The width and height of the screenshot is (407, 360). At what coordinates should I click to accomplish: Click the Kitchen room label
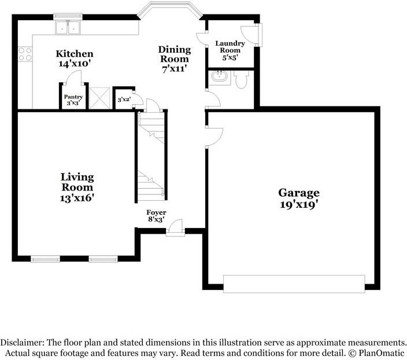pyautogui.click(x=75, y=54)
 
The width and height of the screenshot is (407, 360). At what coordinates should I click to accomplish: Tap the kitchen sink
pyautogui.click(x=68, y=27)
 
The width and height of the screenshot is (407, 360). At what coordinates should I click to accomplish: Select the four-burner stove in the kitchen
pyautogui.click(x=25, y=54)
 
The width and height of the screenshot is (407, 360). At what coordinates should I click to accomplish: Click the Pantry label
pyautogui.click(x=73, y=97)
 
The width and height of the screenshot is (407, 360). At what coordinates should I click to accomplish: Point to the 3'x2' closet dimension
pyautogui.click(x=124, y=100)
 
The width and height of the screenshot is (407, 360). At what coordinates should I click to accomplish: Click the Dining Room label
pyautogui.click(x=175, y=54)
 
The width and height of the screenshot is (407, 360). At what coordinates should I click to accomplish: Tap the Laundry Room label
pyautogui.click(x=230, y=47)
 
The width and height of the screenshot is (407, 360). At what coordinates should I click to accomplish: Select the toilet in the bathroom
pyautogui.click(x=241, y=79)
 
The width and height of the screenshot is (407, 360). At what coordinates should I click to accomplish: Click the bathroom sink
pyautogui.click(x=219, y=76)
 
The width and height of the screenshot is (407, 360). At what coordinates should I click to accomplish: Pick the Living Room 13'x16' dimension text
pyautogui.click(x=77, y=198)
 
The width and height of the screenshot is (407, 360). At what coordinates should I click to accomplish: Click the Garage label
pyautogui.click(x=299, y=193)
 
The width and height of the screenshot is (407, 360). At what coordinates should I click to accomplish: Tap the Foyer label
pyautogui.click(x=156, y=212)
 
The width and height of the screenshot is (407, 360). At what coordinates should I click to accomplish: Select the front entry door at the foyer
pyautogui.click(x=175, y=228)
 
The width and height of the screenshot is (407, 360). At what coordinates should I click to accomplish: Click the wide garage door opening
pyautogui.click(x=294, y=284)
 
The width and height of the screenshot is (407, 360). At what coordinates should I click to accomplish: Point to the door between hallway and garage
pyautogui.click(x=214, y=137)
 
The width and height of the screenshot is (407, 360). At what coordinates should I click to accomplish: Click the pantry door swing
pyautogui.click(x=73, y=78)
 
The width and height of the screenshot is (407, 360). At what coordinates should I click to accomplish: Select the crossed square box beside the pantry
pyautogui.click(x=99, y=98)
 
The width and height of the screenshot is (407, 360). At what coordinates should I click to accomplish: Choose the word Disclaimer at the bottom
pyautogui.click(x=23, y=342)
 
